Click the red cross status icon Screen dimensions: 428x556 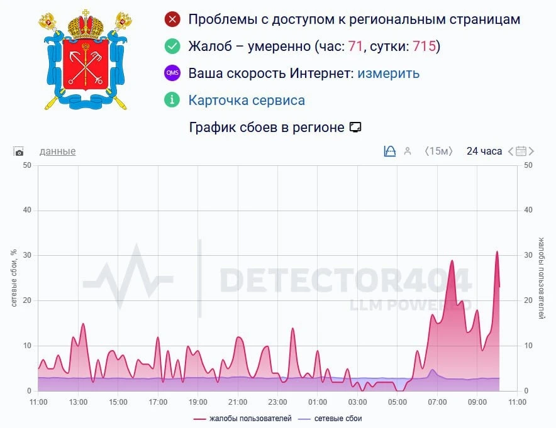[172, 19]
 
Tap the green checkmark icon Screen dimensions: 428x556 [172, 47]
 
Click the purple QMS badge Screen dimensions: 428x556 [172, 74]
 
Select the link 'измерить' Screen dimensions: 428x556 [388, 74]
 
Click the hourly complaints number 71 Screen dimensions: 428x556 [356, 47]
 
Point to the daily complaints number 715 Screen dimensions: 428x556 [425, 47]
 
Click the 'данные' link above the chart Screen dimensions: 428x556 [57, 151]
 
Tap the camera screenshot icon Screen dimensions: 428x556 [19, 151]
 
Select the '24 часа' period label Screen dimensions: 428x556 [484, 151]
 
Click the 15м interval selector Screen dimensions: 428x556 [438, 151]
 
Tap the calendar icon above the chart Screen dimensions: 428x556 [521, 151]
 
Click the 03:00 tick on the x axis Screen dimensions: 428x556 [358, 402]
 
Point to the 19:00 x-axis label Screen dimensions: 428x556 [198, 402]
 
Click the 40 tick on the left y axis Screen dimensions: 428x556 [27, 211]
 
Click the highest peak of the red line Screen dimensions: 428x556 [497, 251]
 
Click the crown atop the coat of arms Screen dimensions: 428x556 [85, 24]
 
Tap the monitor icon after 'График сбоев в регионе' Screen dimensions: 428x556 [355, 128]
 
